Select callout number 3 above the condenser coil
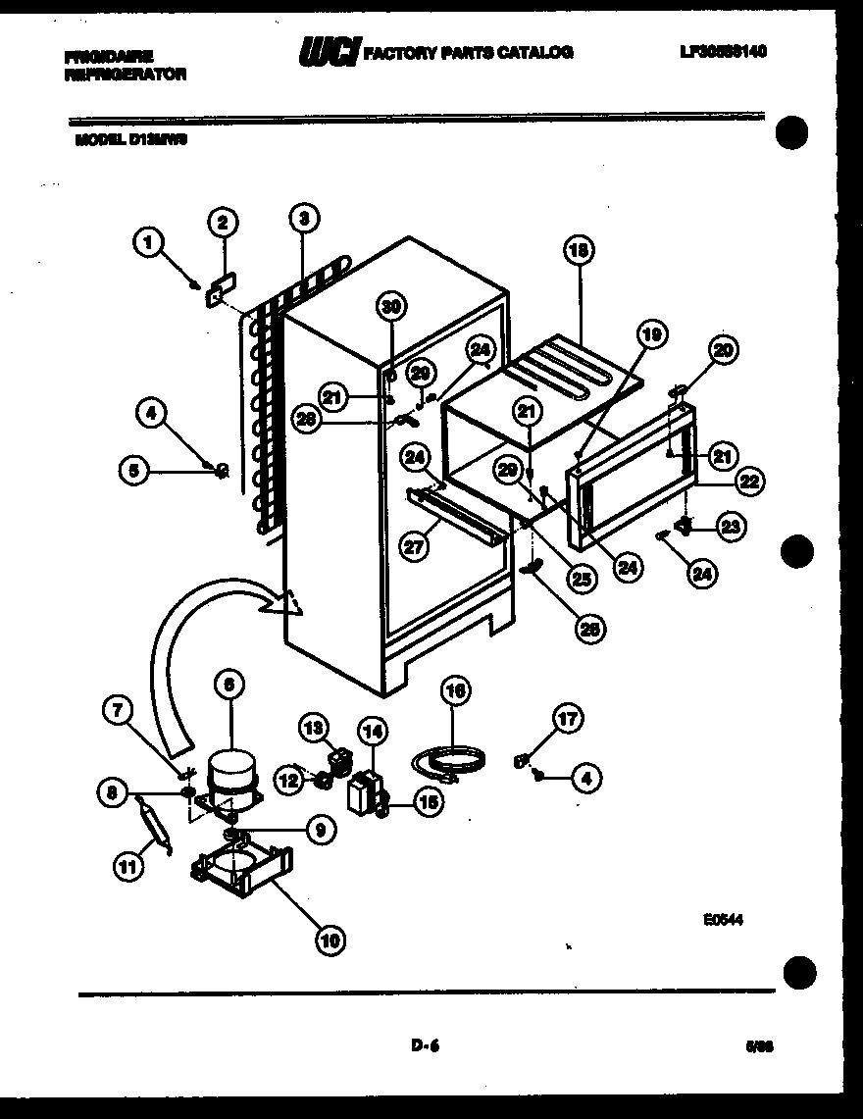pos(304,218)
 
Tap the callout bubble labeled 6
pos(229,686)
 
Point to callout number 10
pos(330,940)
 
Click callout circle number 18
pos(579,251)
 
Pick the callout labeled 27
pos(416,545)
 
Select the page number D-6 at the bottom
pos(425,1045)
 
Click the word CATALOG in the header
pos(537,53)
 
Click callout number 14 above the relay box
pos(373,731)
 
